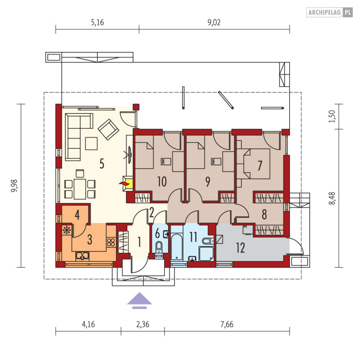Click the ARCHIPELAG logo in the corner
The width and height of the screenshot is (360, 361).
pyautogui.click(x=329, y=12)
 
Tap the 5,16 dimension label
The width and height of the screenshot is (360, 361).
pyautogui.click(x=97, y=22)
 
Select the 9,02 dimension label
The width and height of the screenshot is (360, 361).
pyautogui.click(x=214, y=22)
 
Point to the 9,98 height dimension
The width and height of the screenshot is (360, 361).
pyautogui.click(x=14, y=186)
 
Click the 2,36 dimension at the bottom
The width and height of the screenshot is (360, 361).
pyautogui.click(x=143, y=325)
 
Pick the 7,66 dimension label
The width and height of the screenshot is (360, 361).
pyautogui.click(x=227, y=325)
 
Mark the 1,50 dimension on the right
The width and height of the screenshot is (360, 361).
pyautogui.click(x=332, y=116)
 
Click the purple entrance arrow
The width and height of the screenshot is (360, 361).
pyautogui.click(x=139, y=300)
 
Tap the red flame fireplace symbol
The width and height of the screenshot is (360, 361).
pyautogui.click(x=124, y=184)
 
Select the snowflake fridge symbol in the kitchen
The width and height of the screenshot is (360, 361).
pyautogui.click(x=67, y=230)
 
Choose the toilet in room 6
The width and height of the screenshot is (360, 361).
pyautogui.click(x=159, y=249)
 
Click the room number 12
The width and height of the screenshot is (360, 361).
pyautogui.click(x=240, y=248)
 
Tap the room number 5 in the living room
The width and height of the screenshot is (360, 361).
pyautogui.click(x=102, y=164)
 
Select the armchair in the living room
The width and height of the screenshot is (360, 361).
pyautogui.click(x=108, y=129)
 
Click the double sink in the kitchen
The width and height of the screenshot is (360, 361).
pyautogui.click(x=82, y=256)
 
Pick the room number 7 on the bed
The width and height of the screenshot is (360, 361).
pyautogui.click(x=260, y=165)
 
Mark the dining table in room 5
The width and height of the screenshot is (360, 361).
pyautogui.click(x=80, y=189)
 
